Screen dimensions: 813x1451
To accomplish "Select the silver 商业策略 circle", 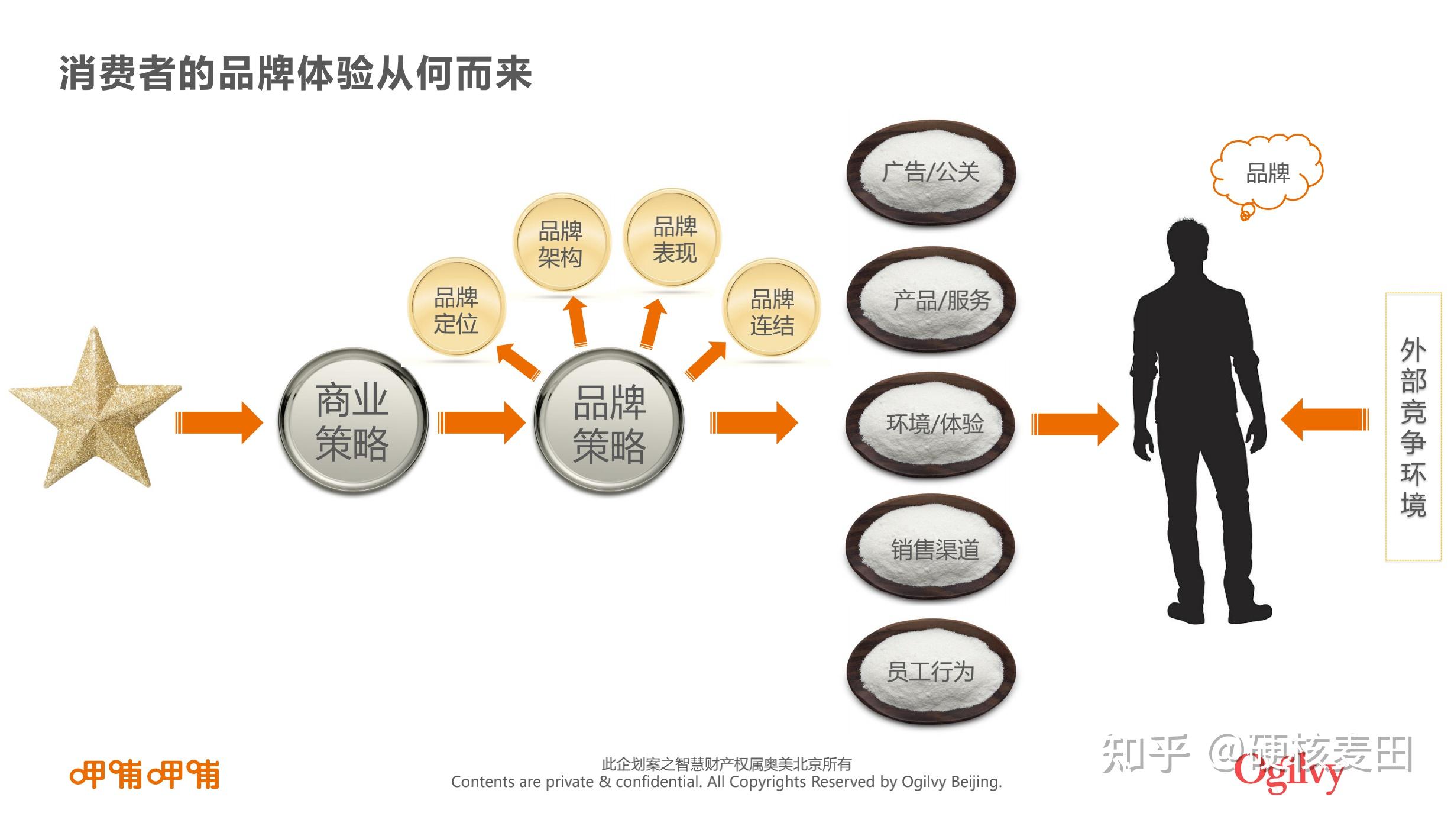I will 353,421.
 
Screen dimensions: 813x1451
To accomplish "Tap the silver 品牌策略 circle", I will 609,422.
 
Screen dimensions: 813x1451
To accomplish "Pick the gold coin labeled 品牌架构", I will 561,243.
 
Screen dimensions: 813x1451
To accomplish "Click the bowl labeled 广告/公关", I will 931,173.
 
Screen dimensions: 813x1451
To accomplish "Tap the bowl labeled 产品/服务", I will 931,300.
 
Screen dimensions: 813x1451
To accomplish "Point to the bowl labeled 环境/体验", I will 931,424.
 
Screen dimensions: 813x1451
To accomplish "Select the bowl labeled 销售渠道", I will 931,549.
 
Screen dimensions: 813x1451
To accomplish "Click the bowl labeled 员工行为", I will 931,672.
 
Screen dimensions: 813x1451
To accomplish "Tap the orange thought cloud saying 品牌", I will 1267,173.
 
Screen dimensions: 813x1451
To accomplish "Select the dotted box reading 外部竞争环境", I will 1413,427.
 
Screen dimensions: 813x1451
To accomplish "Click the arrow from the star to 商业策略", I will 219,422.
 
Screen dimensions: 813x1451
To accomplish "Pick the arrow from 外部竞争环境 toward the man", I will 1324,420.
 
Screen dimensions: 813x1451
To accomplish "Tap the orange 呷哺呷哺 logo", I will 145,774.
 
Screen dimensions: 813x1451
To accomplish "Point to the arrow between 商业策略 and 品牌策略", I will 481,422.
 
